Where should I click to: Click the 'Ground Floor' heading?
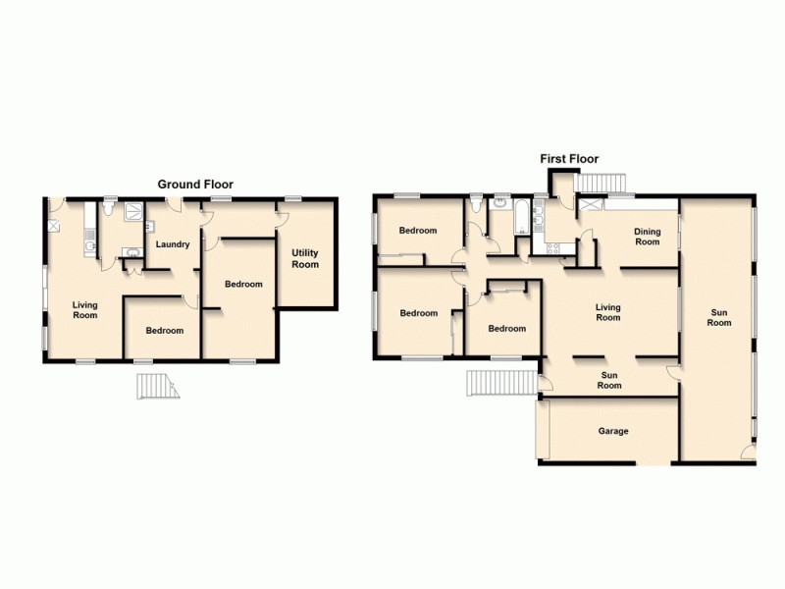[x=196, y=185]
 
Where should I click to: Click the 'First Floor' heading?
[x=569, y=159]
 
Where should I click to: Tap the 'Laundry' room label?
[x=173, y=244]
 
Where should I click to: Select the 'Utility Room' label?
[x=305, y=259]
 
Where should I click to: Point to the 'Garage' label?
[x=613, y=431]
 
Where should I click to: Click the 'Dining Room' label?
[x=647, y=237]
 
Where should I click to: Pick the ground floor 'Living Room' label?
[x=85, y=310]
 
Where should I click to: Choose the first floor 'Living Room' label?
[x=608, y=312]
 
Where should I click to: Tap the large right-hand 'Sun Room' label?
[x=720, y=317]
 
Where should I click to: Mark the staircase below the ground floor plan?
[x=157, y=388]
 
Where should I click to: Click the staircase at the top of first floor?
[x=600, y=184]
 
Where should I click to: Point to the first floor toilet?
[x=477, y=205]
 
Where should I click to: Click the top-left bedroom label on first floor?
[x=419, y=231]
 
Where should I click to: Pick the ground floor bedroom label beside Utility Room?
[x=243, y=285]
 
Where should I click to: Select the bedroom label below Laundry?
[x=165, y=331]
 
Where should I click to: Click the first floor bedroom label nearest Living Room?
[x=507, y=329]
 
